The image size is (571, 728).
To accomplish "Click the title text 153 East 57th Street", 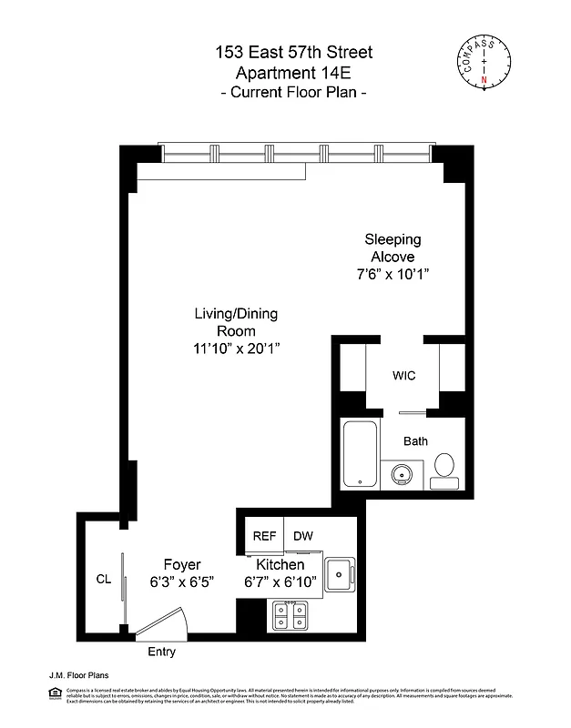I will click(x=294, y=54).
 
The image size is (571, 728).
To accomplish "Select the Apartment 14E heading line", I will click(x=294, y=74).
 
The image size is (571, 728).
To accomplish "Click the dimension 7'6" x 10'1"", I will click(x=393, y=274).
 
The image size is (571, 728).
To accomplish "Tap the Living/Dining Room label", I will click(x=236, y=322).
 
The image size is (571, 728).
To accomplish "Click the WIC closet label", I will click(x=404, y=376).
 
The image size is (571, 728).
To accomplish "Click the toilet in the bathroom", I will click(x=445, y=465).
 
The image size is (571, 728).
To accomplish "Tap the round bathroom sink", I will click(x=401, y=473).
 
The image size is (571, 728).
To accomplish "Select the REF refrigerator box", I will click(x=264, y=537).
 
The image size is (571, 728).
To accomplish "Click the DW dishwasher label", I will click(x=303, y=537).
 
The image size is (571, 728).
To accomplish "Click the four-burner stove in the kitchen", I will click(x=291, y=618).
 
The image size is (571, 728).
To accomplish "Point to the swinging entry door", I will click(x=162, y=627).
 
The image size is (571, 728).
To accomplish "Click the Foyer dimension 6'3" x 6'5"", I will click(x=182, y=582).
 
